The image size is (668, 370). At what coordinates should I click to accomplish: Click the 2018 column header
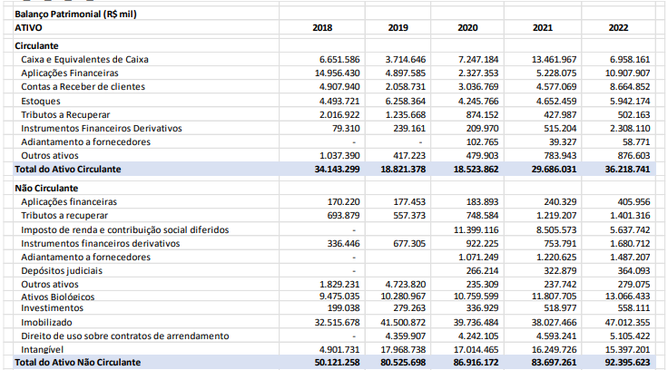[x=322, y=27]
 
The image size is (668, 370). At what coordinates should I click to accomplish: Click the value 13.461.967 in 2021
[x=554, y=59]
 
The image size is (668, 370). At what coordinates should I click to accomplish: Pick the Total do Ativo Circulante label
[x=68, y=169]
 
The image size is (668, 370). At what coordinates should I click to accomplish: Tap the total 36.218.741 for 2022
[x=625, y=169]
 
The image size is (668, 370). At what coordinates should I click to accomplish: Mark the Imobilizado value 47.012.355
[x=625, y=322]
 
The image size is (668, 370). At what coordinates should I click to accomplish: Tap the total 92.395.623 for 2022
[x=625, y=362]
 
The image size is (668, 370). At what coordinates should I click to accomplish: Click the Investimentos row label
[x=52, y=308]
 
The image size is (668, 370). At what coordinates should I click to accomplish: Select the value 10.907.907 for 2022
[x=625, y=73]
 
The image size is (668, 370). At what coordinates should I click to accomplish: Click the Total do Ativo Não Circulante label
[x=77, y=362]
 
